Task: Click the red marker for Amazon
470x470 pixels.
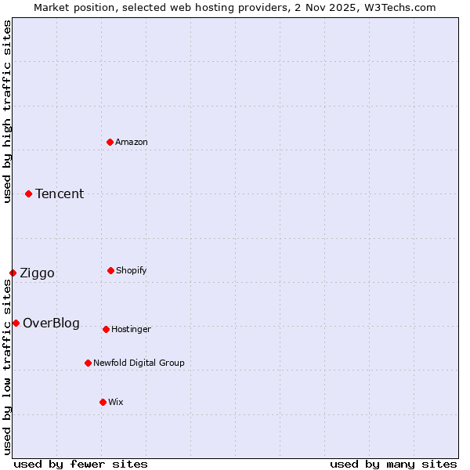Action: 110,142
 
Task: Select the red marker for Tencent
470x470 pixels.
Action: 28,193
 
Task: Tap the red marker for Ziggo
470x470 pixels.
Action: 13,273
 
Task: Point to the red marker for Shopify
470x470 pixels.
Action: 110,270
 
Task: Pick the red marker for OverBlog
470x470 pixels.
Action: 16,323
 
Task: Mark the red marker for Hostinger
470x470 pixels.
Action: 106,329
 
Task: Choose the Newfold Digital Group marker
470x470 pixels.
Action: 88,363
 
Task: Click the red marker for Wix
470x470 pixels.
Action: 103,402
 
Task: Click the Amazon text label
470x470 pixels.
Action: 132,142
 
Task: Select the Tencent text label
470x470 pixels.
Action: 60,194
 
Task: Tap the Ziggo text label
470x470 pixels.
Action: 37,273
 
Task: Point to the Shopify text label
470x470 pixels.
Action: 132,270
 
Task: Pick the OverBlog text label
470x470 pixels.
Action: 51,324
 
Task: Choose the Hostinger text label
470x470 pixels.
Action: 131,329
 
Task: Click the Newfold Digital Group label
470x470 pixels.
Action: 139,363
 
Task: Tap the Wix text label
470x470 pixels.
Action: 116,402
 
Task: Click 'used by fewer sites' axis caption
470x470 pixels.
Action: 81,464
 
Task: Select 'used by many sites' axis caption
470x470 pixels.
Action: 393,464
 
